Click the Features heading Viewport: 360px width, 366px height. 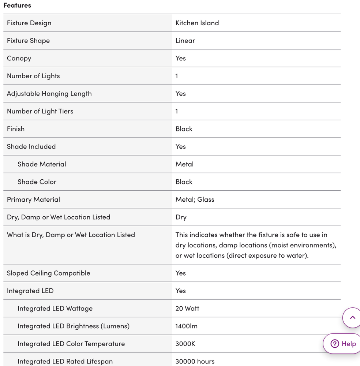click(17, 5)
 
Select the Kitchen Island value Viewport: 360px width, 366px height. click(197, 23)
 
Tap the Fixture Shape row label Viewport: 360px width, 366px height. click(28, 41)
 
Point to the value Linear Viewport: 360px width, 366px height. click(185, 41)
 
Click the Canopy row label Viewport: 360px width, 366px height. click(19, 58)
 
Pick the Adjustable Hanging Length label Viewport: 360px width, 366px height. click(49, 94)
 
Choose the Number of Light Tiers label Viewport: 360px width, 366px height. click(40, 111)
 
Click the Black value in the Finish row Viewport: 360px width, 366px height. click(184, 129)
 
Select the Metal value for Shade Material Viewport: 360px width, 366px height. click(185, 164)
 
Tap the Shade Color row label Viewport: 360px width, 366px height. click(37, 182)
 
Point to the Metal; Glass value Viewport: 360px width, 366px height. click(195, 199)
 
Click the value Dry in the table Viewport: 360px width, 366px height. click(181, 217)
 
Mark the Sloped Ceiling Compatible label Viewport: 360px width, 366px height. click(48, 273)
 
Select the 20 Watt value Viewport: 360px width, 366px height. click(187, 309)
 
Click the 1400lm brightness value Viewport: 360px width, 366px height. click(187, 326)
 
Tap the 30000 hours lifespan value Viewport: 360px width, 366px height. click(195, 362)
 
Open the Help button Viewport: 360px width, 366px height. click(343, 344)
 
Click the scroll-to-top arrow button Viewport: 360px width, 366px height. click(352, 318)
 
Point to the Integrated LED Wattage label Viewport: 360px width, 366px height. click(55, 309)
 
